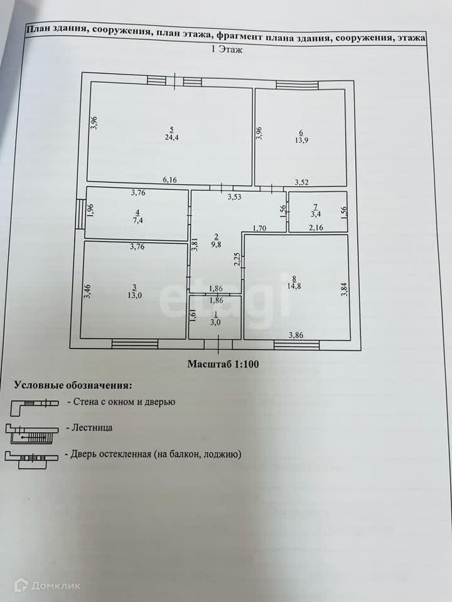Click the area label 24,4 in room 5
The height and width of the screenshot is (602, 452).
pyautogui.click(x=170, y=137)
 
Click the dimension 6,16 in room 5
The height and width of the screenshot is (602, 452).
pyautogui.click(x=170, y=180)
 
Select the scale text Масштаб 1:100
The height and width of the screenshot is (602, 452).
pyautogui.click(x=223, y=363)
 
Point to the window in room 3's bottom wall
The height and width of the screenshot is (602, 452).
pyautogui.click(x=134, y=343)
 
